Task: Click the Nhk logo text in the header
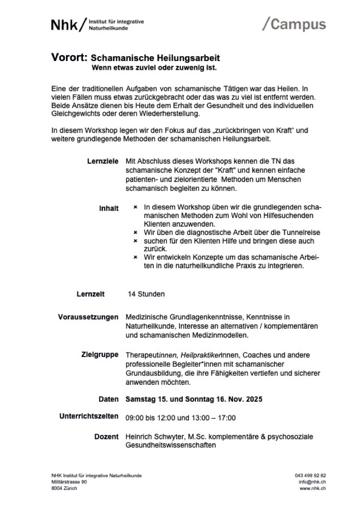[x=64, y=25]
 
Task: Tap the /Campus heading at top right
[x=294, y=24]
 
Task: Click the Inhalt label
[x=109, y=208]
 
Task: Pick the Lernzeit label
[x=90, y=294]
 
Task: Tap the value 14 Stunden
[x=146, y=294]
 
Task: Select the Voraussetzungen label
[x=88, y=317]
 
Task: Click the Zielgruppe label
[x=100, y=355]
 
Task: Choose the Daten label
[x=109, y=400]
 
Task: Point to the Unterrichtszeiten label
[x=88, y=417]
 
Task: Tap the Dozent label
[x=106, y=437]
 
